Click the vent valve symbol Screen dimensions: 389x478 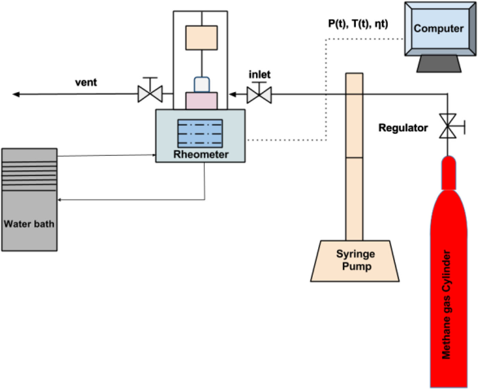pyautogui.click(x=150, y=94)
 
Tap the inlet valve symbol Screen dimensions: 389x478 pyautogui.click(x=259, y=95)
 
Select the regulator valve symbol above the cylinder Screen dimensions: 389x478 pyautogui.click(x=448, y=126)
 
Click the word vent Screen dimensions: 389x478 pyautogui.click(x=86, y=82)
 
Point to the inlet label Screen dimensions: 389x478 pyautogui.click(x=259, y=74)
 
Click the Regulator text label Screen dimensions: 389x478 pyautogui.click(x=403, y=128)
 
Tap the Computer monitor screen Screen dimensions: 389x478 pyautogui.click(x=439, y=29)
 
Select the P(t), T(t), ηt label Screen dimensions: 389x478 pyautogui.click(x=358, y=24)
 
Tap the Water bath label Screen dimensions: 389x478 pyautogui.click(x=29, y=224)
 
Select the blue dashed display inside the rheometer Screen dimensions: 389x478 pyautogui.click(x=200, y=133)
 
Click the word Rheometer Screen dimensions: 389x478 pyautogui.click(x=201, y=154)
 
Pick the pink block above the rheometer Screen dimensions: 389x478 pyautogui.click(x=201, y=101)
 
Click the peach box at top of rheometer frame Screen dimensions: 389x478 pyautogui.click(x=201, y=38)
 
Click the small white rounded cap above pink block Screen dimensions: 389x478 pyautogui.click(x=202, y=85)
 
